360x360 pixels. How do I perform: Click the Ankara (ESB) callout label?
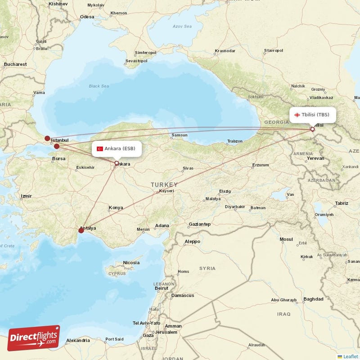[117, 148]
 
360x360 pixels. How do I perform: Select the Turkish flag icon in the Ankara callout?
[99, 149]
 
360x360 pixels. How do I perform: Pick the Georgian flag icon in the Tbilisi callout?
[297, 115]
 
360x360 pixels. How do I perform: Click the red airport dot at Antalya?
[81, 230]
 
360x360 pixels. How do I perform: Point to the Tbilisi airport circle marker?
[312, 130]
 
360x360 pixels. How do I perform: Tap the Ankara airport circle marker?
[117, 163]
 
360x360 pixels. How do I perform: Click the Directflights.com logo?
[33, 338]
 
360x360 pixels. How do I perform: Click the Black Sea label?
[99, 86]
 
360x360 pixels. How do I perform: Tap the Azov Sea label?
[182, 27]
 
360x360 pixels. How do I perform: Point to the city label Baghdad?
[313, 299]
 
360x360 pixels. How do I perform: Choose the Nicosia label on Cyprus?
[131, 262]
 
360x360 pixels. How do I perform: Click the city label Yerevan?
[315, 158]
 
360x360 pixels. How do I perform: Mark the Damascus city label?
[182, 295]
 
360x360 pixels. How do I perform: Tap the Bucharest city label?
[15, 64]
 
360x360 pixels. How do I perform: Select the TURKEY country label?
[164, 184]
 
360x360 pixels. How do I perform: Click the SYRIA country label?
[207, 268]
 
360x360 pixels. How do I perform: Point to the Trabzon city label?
[235, 141]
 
